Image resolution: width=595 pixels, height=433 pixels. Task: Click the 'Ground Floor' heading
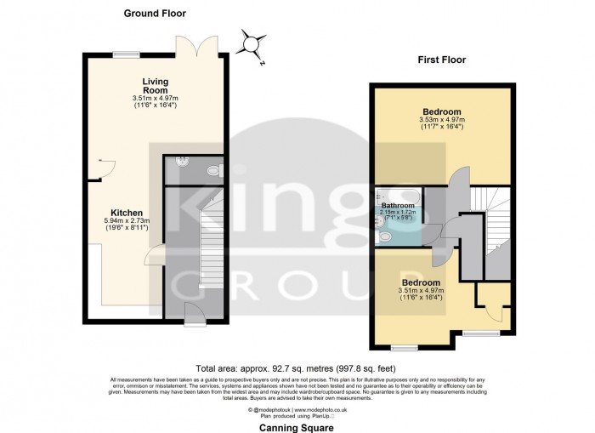pos(155,14)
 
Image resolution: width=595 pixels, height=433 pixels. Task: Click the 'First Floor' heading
pos(440,60)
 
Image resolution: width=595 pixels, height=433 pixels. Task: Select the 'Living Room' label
pos(156,86)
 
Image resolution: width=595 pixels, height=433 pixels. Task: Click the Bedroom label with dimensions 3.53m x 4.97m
pos(443,112)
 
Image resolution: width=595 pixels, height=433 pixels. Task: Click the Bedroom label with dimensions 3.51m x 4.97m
pos(421,282)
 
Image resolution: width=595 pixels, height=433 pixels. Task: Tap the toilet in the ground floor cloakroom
pos(212,170)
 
